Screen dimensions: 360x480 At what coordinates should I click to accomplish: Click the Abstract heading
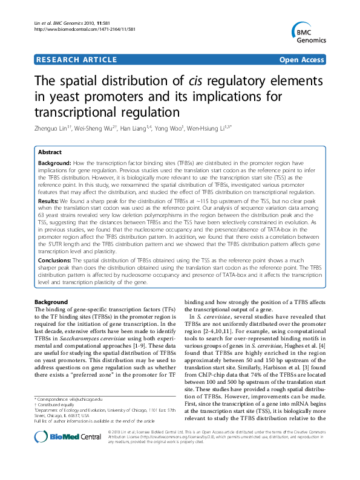coord(50,153)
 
